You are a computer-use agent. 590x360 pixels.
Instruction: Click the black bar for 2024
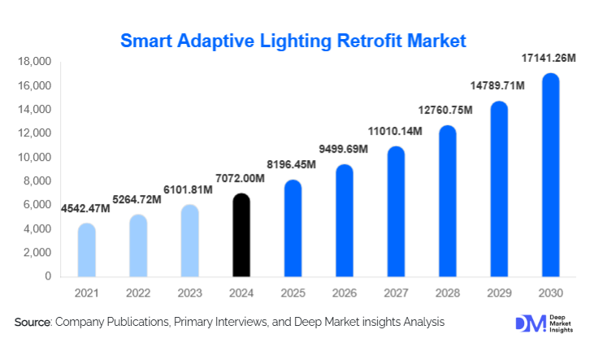pyautogui.click(x=241, y=236)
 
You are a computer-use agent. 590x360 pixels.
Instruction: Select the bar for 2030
pyautogui.click(x=550, y=176)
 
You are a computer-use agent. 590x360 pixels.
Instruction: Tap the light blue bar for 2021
pyautogui.click(x=87, y=250)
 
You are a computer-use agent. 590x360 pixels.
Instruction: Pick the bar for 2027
pyautogui.click(x=396, y=212)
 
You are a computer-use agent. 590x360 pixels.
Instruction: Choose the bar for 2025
pyautogui.click(x=293, y=228)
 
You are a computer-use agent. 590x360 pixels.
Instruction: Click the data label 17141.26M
pyautogui.click(x=548, y=58)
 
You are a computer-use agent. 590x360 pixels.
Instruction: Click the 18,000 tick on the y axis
pyautogui.click(x=35, y=62)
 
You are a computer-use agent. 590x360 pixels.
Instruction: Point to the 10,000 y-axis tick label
pyautogui.click(x=35, y=157)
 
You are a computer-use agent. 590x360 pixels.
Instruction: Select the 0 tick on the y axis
pyautogui.click(x=47, y=276)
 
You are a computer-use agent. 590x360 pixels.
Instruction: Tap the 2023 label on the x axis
pyautogui.click(x=189, y=292)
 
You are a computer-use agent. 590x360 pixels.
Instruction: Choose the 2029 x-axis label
pyautogui.click(x=499, y=292)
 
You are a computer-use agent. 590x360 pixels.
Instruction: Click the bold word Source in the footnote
pyautogui.click(x=33, y=323)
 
